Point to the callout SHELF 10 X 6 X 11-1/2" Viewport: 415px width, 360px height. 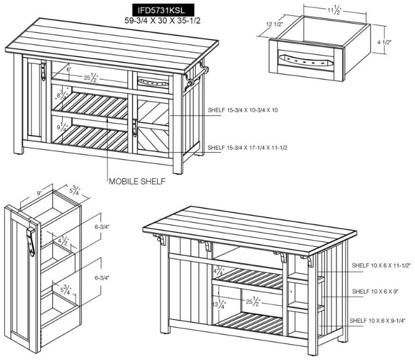(x=381, y=266)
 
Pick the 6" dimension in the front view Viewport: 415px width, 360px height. (x=69, y=70)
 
